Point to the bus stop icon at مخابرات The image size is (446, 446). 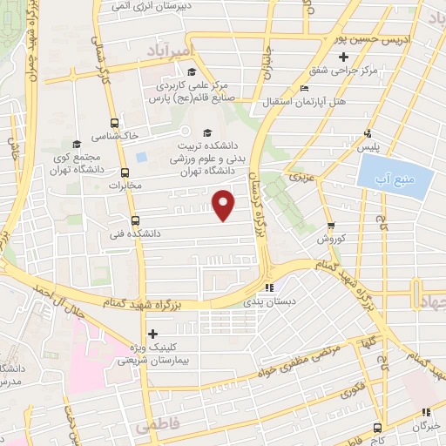[x=125, y=172]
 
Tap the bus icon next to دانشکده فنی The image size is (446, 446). [x=134, y=220]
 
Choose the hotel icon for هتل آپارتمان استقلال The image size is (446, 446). [x=303, y=88]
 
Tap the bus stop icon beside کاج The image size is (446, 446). [x=377, y=427]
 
